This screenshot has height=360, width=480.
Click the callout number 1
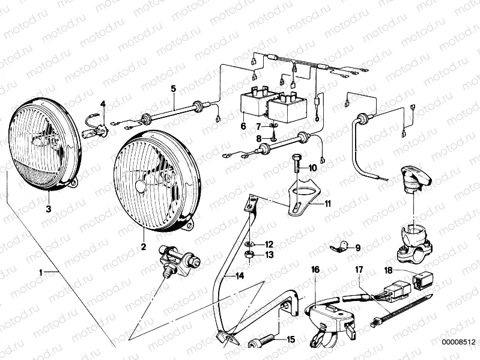click(x=41, y=272)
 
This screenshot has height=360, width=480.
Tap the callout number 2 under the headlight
click(x=144, y=245)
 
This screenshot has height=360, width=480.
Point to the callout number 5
click(x=173, y=89)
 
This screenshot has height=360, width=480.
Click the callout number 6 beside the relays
click(x=243, y=126)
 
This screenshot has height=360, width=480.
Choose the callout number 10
click(x=312, y=168)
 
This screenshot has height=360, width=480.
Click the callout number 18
click(x=388, y=270)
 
